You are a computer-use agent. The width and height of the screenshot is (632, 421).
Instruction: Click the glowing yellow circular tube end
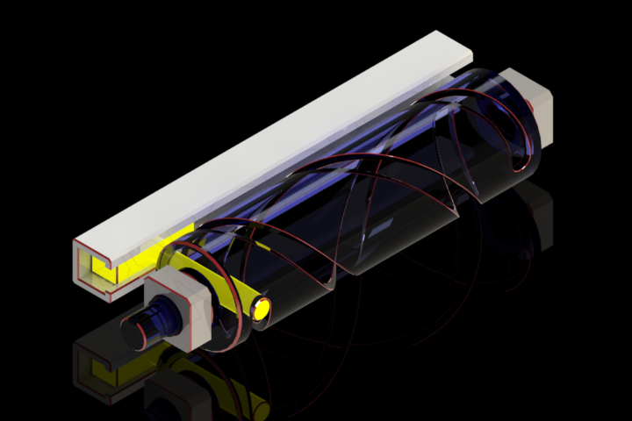(262, 308)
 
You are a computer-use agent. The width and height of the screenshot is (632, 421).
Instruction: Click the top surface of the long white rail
(263, 140)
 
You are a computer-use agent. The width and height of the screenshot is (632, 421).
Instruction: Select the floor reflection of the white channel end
(97, 368)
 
